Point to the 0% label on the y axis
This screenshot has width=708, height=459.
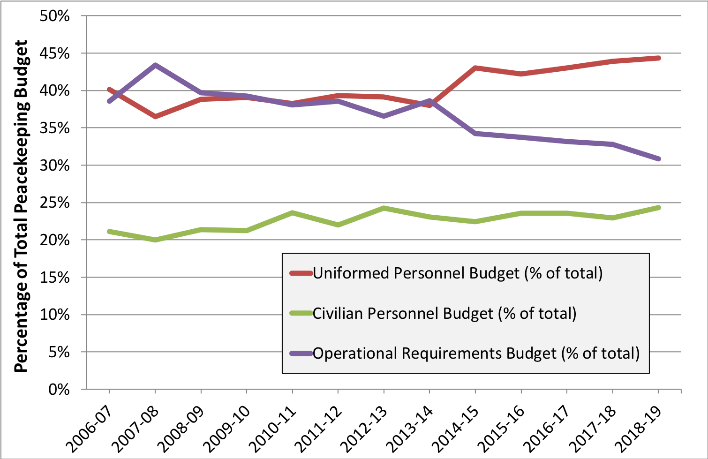click(x=59, y=390)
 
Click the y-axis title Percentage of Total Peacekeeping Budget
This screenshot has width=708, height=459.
click(x=21, y=206)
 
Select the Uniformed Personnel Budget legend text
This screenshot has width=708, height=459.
click(x=458, y=273)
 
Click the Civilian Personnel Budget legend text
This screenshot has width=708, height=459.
click(x=444, y=313)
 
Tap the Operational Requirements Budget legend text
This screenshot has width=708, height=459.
click(x=476, y=353)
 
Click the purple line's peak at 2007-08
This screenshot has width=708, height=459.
click(x=155, y=65)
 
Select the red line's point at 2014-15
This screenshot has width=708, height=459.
click(x=475, y=68)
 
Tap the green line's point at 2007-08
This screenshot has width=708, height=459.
click(x=155, y=240)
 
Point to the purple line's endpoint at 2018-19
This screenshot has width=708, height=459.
click(x=659, y=159)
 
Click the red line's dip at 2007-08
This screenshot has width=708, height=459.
click(x=155, y=116)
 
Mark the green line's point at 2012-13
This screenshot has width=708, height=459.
click(x=384, y=208)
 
